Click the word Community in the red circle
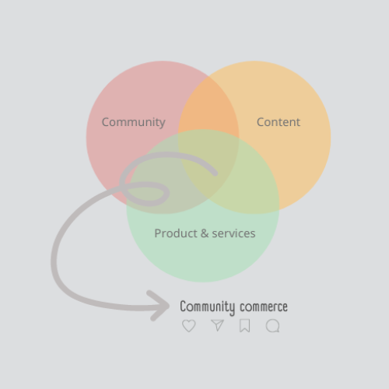point(134,122)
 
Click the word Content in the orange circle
point(279,122)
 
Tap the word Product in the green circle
point(176,233)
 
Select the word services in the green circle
point(233,233)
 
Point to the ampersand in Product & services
point(205,233)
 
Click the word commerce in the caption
point(264,307)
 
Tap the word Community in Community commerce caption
point(207,307)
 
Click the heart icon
point(189,326)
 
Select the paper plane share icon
point(217,325)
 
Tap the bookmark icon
point(244,326)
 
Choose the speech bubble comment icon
point(273,326)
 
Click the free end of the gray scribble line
point(216,173)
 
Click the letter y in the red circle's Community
point(162,124)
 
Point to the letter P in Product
point(158,233)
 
